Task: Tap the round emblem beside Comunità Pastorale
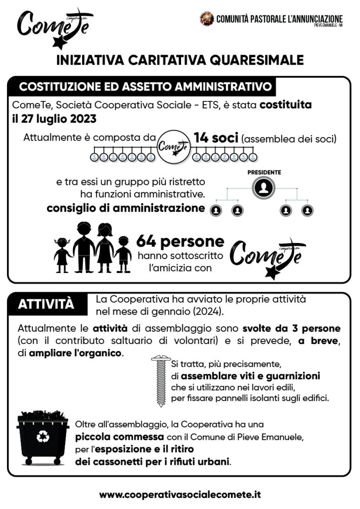tap(207, 19)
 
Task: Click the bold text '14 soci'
tap(216, 139)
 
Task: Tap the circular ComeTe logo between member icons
tap(174, 146)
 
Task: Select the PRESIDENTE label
tap(264, 172)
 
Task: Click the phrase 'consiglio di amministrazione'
tap(125, 208)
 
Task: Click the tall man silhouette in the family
tap(84, 248)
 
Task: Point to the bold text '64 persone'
tap(180, 242)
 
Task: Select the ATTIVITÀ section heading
tap(46, 304)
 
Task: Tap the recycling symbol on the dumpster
tap(43, 437)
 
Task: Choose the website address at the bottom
tap(180, 495)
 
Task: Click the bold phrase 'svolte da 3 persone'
tap(291, 329)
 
